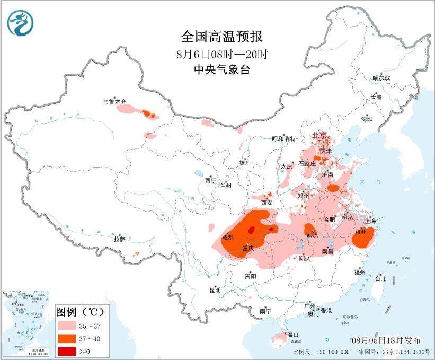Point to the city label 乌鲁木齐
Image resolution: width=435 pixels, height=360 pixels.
click(x=115, y=101)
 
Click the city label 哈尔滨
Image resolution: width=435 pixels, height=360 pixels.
click(x=380, y=78)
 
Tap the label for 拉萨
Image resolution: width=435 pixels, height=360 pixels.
click(x=119, y=239)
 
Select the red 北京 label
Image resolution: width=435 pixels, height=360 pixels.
click(x=319, y=135)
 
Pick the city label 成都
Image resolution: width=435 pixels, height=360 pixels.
click(x=228, y=237)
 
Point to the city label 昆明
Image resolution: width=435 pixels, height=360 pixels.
click(x=215, y=290)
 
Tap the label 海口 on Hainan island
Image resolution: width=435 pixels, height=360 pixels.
click(x=292, y=335)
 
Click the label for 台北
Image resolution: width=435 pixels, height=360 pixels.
click(x=380, y=278)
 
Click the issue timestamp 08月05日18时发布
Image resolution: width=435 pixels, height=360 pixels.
click(x=386, y=340)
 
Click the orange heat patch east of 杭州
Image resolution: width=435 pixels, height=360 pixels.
click(x=363, y=238)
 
